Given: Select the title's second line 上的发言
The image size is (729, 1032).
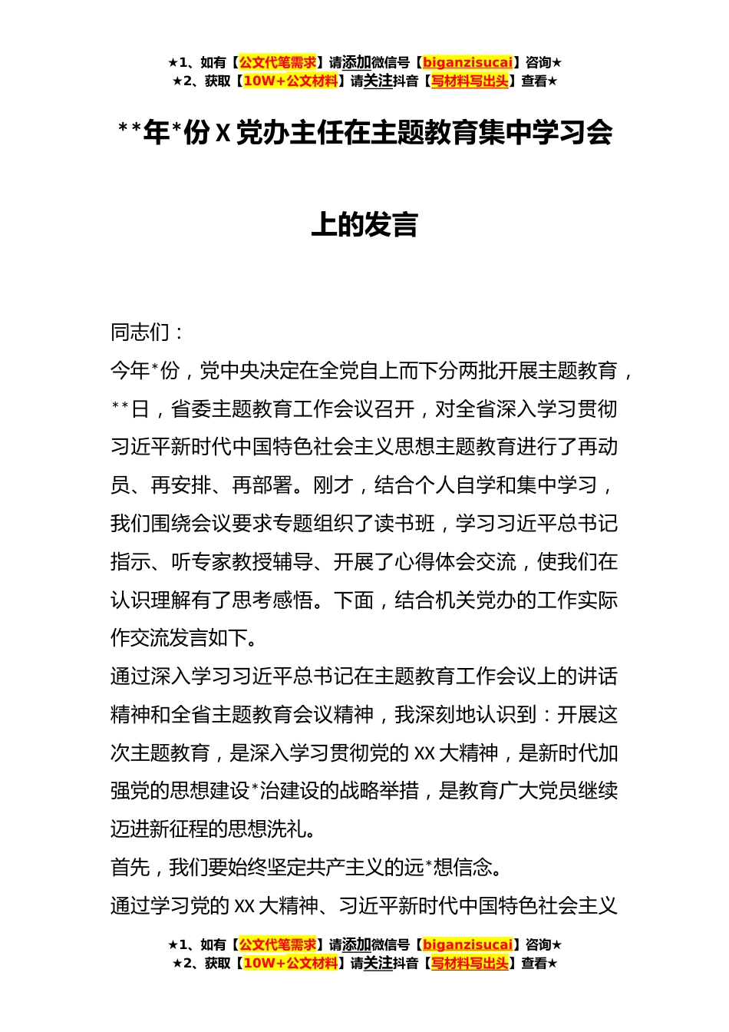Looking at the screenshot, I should coord(364,224).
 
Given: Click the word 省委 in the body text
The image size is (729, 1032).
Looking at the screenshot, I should coord(191,409).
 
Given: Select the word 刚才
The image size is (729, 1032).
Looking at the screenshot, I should coord(333,485).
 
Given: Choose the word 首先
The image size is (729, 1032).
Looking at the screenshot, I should coord(130,868).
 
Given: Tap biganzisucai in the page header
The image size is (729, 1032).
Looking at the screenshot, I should coord(467,63).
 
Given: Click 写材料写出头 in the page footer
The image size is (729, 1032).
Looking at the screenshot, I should coord(469,963).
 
